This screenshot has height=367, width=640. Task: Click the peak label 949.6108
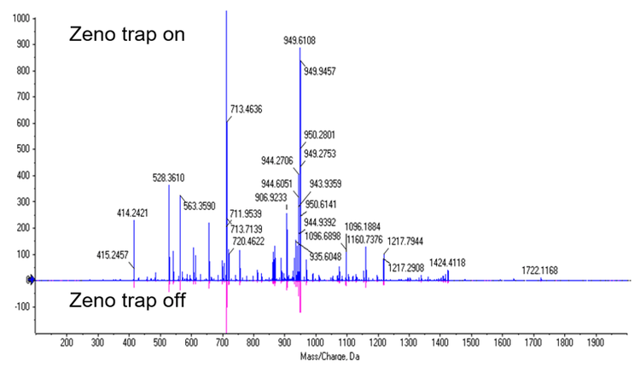point(301,40)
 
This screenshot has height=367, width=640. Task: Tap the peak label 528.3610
point(169,178)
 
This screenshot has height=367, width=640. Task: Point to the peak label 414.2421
point(135,213)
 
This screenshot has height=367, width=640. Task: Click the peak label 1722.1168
point(545,271)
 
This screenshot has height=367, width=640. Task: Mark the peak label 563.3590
point(201,205)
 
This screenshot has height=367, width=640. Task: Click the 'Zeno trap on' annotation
point(127,35)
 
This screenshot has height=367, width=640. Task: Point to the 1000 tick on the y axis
point(19,18)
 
